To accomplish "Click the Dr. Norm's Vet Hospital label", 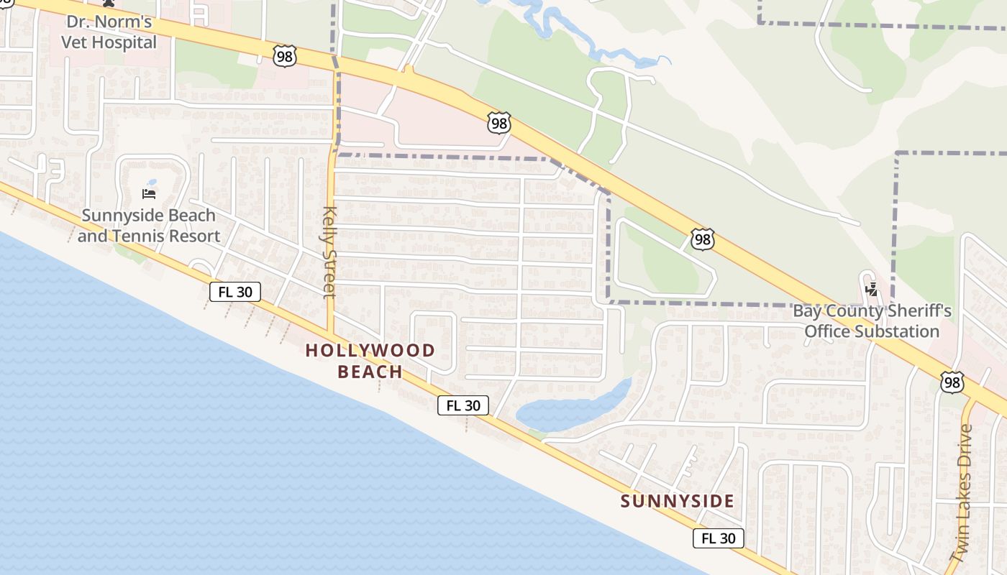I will click(109, 32).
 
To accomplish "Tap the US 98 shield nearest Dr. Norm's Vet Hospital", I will click(285, 55).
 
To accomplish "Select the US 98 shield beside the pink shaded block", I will click(498, 123).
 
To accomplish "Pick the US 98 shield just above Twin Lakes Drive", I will click(952, 382).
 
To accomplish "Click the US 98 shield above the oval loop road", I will click(702, 240).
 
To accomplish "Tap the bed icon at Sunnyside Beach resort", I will click(149, 193).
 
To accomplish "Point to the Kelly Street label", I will click(329, 252).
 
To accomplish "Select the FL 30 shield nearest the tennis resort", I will click(235, 291).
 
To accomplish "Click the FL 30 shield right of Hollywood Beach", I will click(463, 405).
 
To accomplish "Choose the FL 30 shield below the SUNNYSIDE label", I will click(718, 538).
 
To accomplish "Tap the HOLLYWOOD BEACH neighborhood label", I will click(370, 361).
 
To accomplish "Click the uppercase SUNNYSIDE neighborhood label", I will click(677, 501).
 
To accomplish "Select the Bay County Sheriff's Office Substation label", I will click(872, 321).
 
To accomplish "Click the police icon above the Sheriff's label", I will click(872, 290).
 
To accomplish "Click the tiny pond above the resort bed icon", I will click(151, 183).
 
